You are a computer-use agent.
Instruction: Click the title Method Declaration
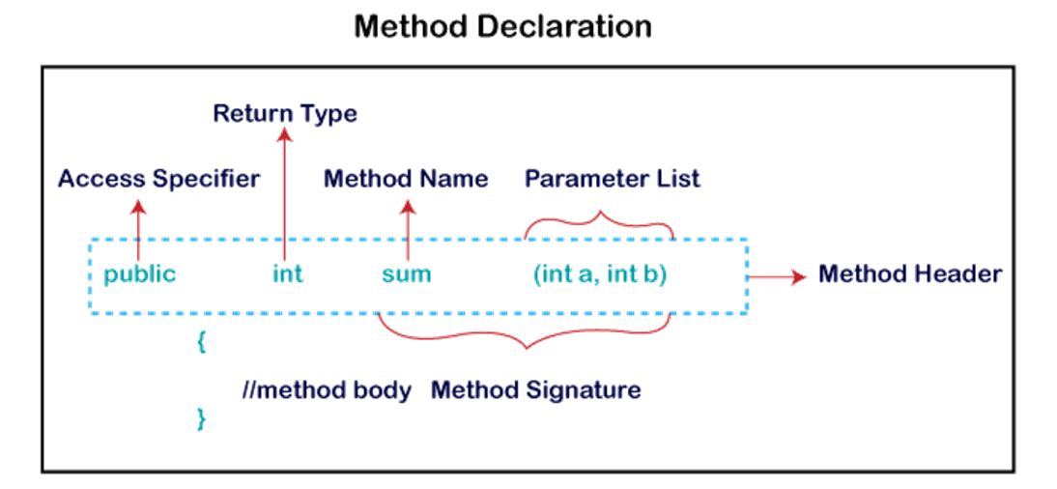[501, 26]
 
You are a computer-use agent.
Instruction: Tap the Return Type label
[286, 114]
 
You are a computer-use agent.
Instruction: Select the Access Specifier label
[158, 179]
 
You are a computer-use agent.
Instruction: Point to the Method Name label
[406, 179]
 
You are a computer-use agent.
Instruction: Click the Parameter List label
[613, 179]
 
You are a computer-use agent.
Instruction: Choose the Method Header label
[910, 274]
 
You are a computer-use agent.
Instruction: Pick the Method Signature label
[536, 390]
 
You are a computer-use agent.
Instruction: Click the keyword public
[140, 274]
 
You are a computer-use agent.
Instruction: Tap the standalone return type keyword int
[288, 274]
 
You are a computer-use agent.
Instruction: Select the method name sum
[406, 274]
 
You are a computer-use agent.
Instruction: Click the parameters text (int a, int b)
[600, 274]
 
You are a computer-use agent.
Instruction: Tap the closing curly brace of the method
[201, 418]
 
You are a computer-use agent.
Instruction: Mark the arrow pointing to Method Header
[778, 277]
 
